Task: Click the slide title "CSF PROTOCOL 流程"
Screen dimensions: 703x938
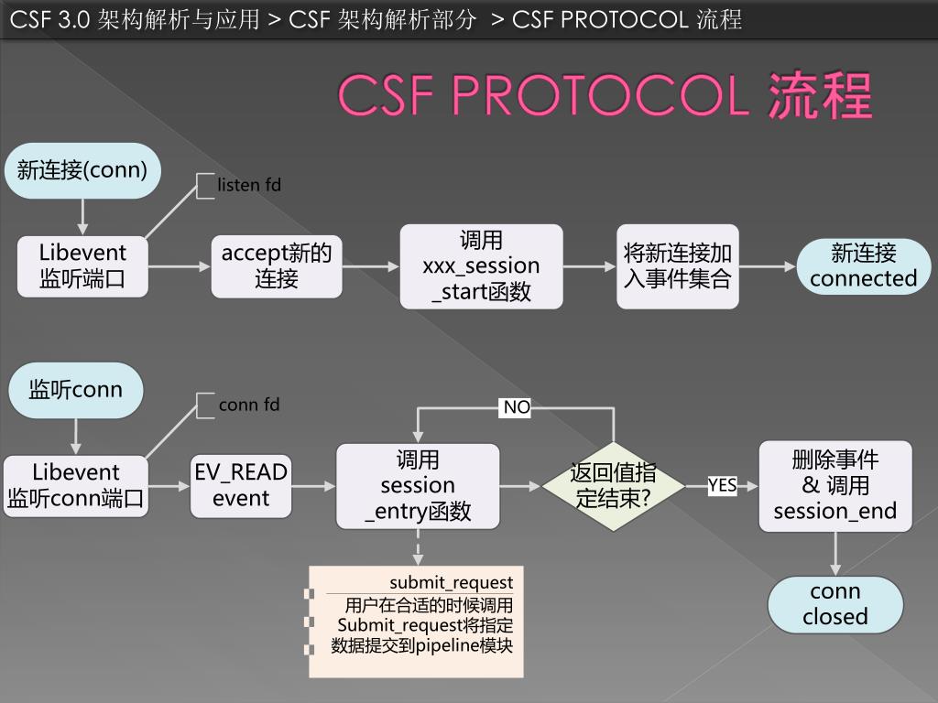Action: (605, 94)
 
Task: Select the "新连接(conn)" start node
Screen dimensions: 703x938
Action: (82, 169)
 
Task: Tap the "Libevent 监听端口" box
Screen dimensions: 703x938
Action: (82, 265)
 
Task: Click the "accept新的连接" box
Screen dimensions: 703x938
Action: (277, 265)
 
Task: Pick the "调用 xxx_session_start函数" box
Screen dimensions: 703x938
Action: (481, 266)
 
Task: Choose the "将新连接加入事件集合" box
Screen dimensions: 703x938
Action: (678, 265)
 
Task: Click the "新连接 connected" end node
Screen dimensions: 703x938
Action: (863, 265)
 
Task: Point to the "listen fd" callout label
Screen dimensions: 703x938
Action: (249, 185)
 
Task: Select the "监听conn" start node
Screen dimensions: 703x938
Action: (76, 390)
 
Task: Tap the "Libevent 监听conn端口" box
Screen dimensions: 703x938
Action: (76, 485)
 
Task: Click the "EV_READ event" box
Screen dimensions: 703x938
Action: (241, 485)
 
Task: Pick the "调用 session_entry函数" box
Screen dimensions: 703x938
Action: (418, 486)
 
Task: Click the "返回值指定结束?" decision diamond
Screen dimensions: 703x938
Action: (613, 486)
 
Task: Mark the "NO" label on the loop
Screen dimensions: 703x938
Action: (517, 407)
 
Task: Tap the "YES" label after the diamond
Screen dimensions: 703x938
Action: (722, 485)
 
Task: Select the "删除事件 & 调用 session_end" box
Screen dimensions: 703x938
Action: (835, 486)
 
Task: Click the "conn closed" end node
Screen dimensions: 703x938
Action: (835, 604)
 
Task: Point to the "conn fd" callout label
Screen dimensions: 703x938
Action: (249, 405)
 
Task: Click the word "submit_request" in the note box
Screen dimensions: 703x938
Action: (451, 583)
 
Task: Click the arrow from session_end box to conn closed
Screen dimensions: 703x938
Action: (835, 553)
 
